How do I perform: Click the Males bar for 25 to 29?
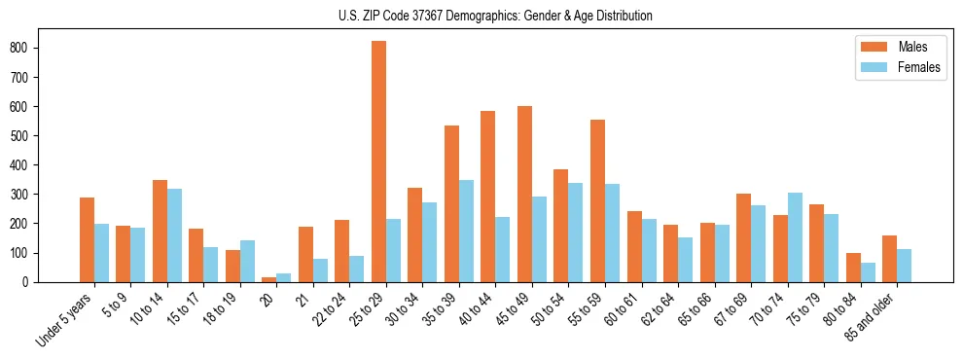378,162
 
